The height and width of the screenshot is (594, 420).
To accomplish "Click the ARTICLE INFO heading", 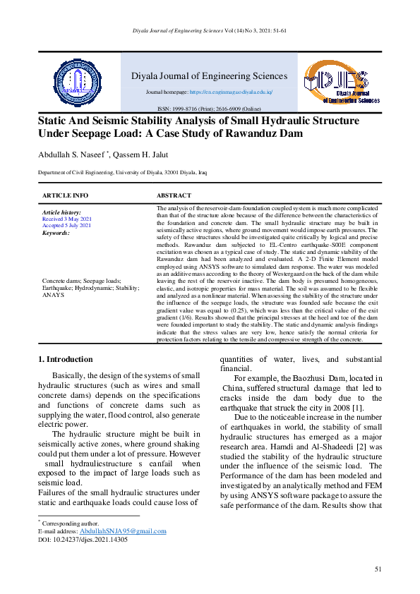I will coord(65,195).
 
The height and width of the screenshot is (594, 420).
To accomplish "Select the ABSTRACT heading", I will coord(174,195).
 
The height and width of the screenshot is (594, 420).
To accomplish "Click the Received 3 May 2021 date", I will coord(67,219).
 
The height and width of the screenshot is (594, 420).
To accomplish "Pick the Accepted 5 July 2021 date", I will coord(66,225).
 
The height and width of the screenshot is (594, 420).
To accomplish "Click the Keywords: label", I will coord(56,232).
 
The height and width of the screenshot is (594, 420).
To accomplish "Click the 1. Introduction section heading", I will coord(64,359).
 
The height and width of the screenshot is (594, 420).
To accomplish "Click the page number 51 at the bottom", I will coord(378,569).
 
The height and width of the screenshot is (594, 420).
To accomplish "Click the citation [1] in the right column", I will coord(359,408).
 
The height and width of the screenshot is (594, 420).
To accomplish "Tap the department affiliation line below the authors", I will coord(122,172).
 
